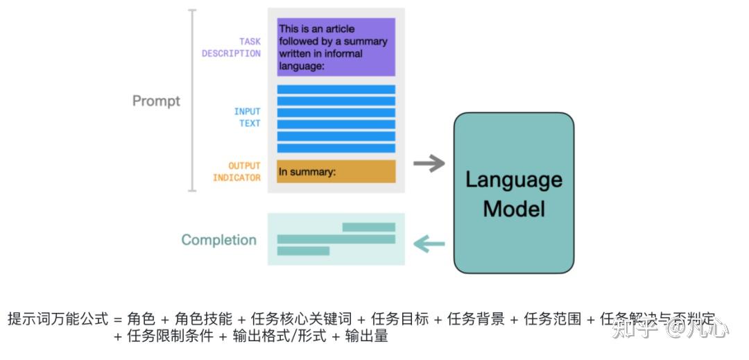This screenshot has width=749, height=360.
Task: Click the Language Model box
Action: tap(513, 193)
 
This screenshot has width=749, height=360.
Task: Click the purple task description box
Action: tap(336, 47)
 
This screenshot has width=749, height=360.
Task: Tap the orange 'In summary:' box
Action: tap(336, 171)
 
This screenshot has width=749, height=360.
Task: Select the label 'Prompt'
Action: tap(156, 101)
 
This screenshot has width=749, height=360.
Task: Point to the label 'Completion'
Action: tap(218, 240)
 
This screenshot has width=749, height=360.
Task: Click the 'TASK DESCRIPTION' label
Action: tap(232, 48)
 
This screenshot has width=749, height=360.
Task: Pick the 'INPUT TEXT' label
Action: tap(247, 117)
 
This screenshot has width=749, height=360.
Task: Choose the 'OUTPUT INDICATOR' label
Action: tap(236, 172)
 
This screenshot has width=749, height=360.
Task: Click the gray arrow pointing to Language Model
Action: tap(429, 164)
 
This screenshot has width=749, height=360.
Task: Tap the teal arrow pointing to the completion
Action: tap(429, 243)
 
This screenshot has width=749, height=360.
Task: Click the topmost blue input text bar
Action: tap(336, 89)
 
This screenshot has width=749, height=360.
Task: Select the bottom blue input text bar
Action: tap(336, 148)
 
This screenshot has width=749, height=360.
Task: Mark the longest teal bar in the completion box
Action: tap(336, 239)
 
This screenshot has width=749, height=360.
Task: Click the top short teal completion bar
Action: tap(368, 227)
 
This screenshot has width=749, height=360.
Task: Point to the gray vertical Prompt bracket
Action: tap(193, 101)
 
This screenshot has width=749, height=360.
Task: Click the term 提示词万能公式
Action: tap(58, 319)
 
